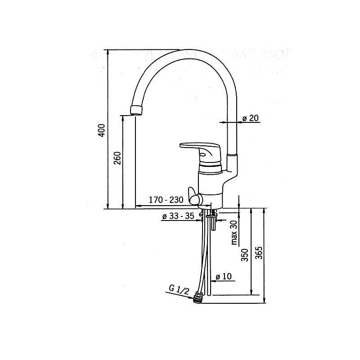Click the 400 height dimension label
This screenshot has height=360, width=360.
coord(102,130)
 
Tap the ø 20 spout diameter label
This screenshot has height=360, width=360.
coord(250,118)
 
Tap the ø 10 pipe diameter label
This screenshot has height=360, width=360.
coord(223,277)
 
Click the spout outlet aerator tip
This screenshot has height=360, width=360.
coord(136,110)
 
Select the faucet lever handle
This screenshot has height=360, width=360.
coord(201,151)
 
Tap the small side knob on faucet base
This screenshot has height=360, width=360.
coord(195,196)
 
